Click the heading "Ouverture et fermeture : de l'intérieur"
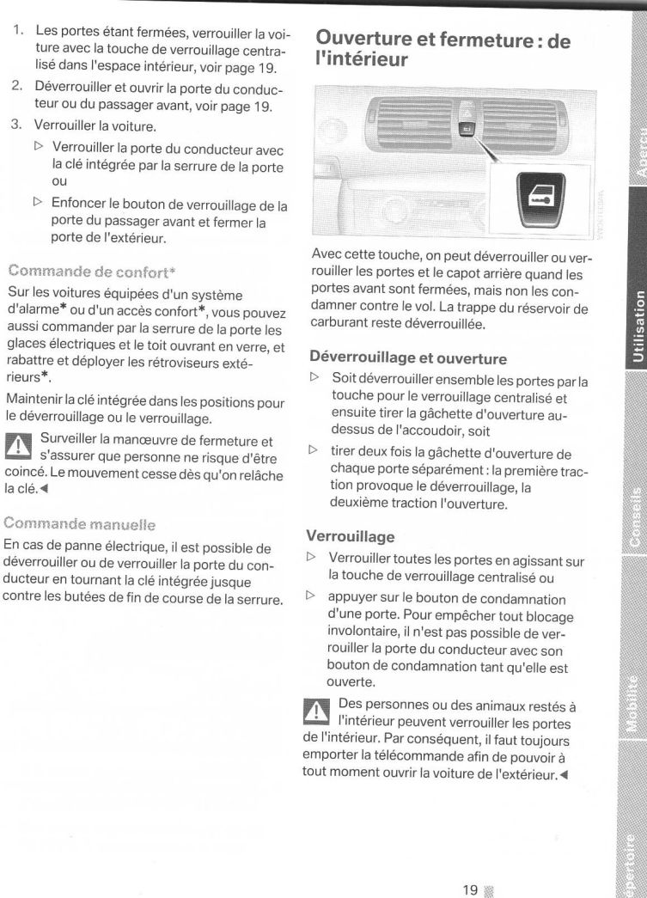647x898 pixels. click(443, 50)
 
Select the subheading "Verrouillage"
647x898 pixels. click(350, 536)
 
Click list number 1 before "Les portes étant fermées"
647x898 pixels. click(16, 31)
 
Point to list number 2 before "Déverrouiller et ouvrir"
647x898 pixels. click(16, 87)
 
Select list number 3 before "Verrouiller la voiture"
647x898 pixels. click(16, 125)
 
